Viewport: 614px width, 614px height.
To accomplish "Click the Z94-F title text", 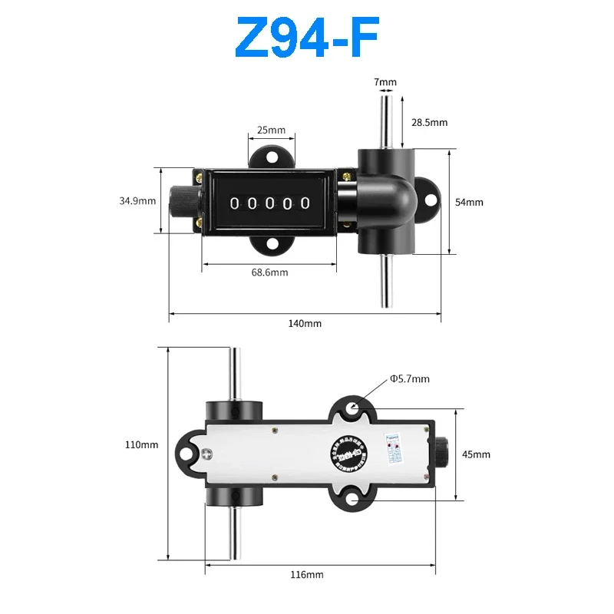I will [306, 38].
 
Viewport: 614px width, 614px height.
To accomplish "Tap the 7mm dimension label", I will [385, 82].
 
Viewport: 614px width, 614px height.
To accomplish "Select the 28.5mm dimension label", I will [429, 122].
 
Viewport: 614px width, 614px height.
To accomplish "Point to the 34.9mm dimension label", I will [137, 201].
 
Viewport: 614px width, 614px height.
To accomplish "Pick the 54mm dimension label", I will [470, 202].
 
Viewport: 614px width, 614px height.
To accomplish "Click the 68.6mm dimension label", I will [269, 272].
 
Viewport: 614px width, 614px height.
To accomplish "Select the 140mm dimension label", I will [305, 323].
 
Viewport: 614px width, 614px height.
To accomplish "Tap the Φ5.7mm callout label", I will [409, 378].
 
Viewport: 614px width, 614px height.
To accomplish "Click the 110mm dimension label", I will [144, 444].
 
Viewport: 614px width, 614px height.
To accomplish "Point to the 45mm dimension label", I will [476, 454].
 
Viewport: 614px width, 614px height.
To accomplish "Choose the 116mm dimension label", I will [308, 574].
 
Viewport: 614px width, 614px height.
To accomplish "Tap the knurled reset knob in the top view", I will [183, 202].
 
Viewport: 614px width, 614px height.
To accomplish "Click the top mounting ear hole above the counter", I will [270, 158].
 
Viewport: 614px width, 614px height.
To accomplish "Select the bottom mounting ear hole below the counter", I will [270, 246].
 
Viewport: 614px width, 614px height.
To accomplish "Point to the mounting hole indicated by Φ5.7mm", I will [352, 409].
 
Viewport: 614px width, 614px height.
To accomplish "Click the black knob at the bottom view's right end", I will [443, 454].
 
